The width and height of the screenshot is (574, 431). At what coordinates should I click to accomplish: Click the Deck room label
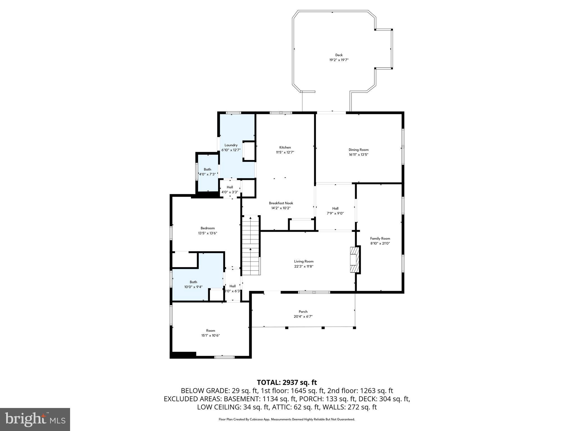(339, 55)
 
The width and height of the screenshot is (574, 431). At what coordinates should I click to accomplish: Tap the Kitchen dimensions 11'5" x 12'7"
(285, 152)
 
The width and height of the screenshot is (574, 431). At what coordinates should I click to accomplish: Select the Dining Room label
(358, 150)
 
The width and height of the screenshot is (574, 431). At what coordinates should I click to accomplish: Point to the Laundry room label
(231, 145)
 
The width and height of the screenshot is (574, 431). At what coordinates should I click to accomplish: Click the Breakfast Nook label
(281, 203)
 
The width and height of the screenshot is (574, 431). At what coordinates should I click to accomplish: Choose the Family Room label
(380, 239)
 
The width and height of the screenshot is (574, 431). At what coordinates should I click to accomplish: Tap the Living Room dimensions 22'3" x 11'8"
(304, 266)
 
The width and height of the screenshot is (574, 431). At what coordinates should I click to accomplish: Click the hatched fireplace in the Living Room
(354, 260)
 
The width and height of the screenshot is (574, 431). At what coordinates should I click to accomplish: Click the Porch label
(303, 311)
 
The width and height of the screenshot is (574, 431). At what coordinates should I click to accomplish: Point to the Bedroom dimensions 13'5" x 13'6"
(207, 233)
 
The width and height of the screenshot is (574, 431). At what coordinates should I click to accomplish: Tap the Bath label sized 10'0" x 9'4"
(193, 282)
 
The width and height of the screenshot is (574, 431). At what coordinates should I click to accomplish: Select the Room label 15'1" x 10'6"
(210, 331)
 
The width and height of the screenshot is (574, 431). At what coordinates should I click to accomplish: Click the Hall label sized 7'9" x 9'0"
(335, 208)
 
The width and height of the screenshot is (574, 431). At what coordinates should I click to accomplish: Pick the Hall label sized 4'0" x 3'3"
(230, 187)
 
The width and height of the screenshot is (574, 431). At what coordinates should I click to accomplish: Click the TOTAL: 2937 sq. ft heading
(287, 382)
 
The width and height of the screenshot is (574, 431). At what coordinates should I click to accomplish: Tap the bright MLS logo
(35, 419)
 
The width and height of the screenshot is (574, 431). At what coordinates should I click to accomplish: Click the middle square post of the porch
(323, 328)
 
